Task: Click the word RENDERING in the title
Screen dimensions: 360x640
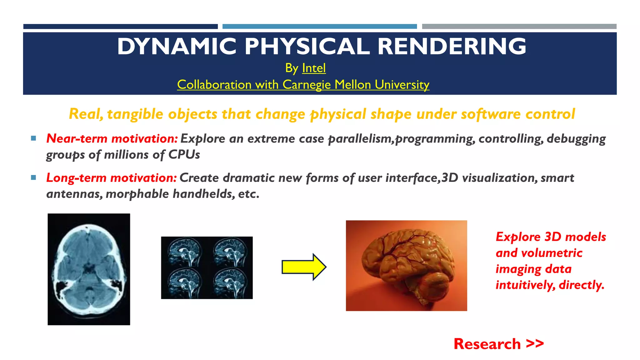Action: tap(452, 47)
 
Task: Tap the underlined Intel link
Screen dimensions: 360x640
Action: tap(314, 68)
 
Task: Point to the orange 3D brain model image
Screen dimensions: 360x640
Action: tap(406, 266)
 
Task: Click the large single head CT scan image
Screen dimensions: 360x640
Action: tap(89, 269)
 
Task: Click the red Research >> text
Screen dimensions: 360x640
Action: tap(498, 344)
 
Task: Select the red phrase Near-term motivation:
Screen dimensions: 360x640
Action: tap(112, 139)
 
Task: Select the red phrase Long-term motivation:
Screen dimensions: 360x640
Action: tap(112, 178)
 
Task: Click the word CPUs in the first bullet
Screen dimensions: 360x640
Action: tap(184, 155)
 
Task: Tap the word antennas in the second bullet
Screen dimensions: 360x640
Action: tap(73, 194)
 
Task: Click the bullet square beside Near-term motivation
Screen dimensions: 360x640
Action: tap(34, 138)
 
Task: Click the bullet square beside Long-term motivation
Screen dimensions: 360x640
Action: tap(34, 177)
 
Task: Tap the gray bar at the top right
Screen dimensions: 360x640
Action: tap(519, 27)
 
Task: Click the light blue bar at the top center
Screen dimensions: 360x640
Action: tap(319, 27)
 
